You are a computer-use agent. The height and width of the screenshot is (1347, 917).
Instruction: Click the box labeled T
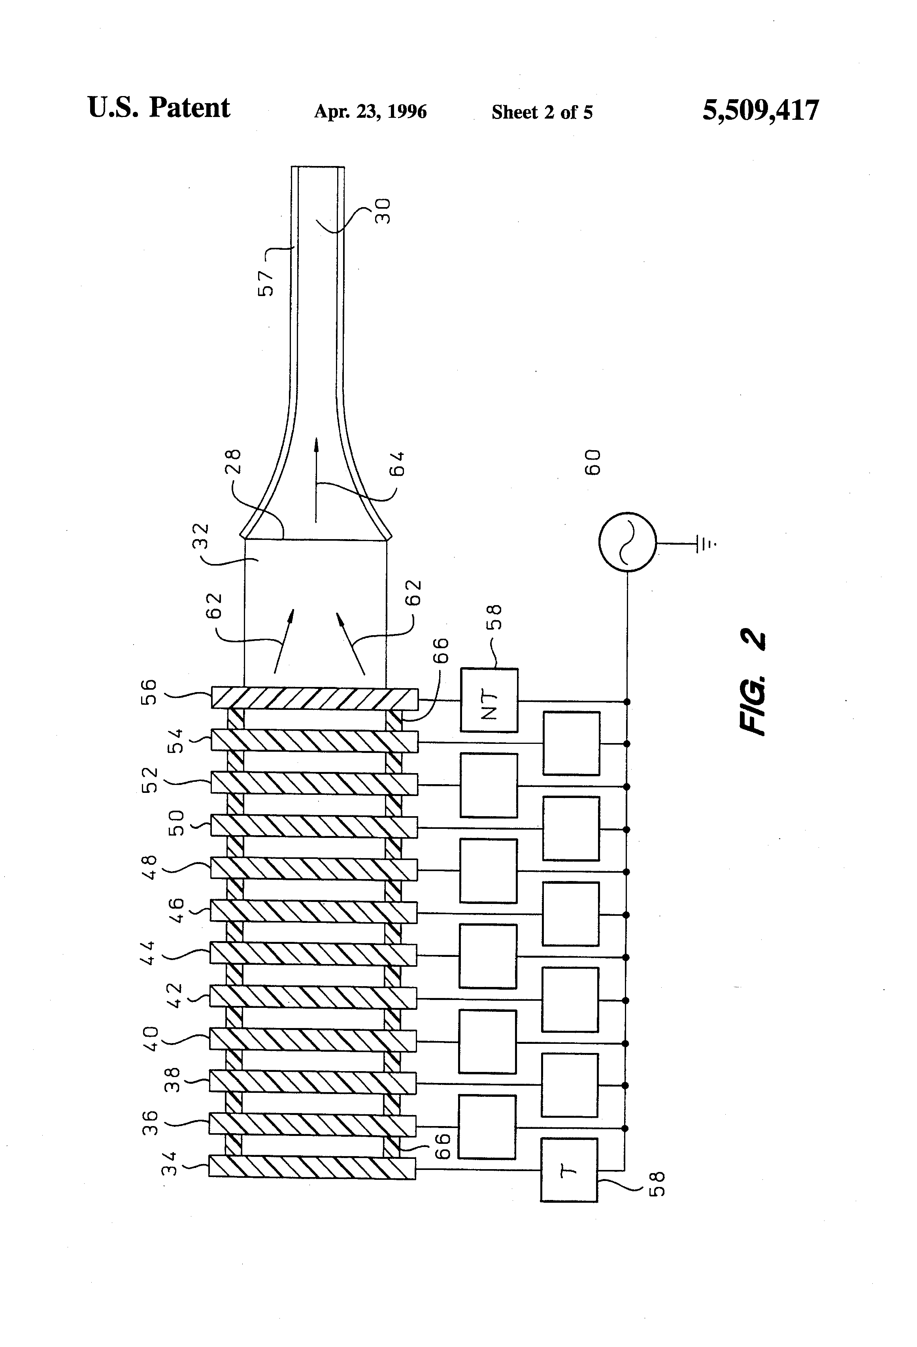569,1170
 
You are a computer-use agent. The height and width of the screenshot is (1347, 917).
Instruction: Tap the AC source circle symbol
627,542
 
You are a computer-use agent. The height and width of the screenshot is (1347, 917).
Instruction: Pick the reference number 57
266,283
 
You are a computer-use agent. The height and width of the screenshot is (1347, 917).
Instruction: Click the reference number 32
200,537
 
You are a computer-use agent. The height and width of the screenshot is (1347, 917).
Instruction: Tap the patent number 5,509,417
760,109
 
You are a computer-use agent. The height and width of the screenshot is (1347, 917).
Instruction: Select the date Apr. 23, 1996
370,111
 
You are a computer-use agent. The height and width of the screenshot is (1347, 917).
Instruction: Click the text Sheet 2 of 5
542,112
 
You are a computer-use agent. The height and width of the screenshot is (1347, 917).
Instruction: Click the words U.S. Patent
159,108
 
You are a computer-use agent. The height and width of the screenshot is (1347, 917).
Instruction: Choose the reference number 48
149,867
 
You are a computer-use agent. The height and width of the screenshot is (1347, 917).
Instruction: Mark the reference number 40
149,1039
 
